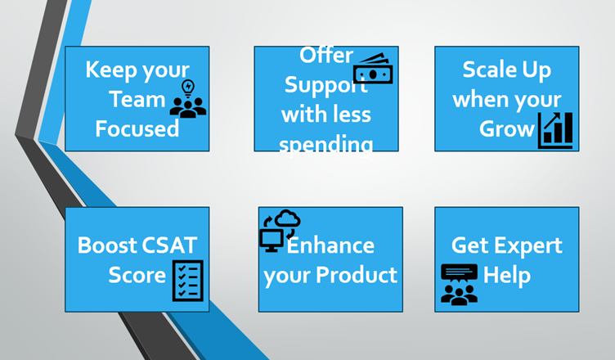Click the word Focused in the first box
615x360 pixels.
click(x=137, y=129)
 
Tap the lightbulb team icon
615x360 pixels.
click(x=188, y=99)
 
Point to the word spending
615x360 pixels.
click(x=326, y=144)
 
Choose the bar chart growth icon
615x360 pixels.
click(x=555, y=130)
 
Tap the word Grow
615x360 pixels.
click(x=507, y=129)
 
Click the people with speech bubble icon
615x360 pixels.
click(x=459, y=283)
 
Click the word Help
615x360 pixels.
click(x=507, y=274)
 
